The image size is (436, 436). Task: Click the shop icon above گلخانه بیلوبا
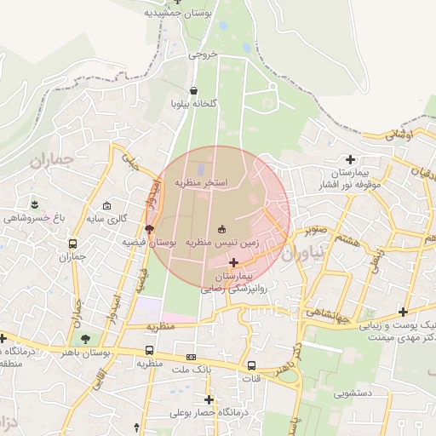coord(193,89)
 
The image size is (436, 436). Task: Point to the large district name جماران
coord(53,159)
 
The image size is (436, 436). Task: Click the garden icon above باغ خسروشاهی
coord(35,204)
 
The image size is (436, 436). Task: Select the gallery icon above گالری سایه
coord(106,206)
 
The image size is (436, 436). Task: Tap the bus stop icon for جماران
coord(73,244)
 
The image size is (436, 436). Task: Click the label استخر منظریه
coord(201,182)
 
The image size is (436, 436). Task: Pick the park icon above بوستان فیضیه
coord(150,229)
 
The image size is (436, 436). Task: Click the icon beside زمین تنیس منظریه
coord(222,229)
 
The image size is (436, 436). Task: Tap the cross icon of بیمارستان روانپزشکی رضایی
coord(234,263)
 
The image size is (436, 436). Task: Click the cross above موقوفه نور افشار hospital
coord(350,159)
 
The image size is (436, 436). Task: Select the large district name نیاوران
coord(298,253)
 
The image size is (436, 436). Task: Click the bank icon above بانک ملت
coord(192,357)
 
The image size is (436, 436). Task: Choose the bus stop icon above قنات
coord(252,363)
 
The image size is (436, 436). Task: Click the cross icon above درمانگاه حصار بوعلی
coord(209,399)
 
